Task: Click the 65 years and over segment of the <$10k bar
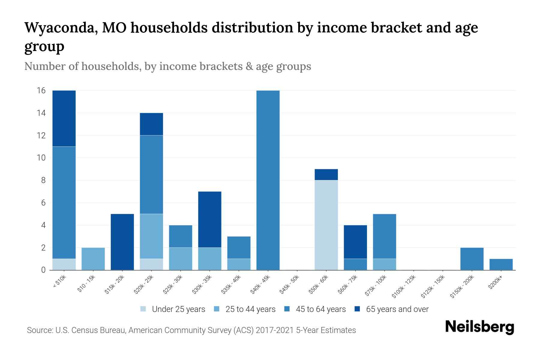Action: tap(64, 118)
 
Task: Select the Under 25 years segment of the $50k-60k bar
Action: tap(326, 225)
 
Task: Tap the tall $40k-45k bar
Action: tap(268, 180)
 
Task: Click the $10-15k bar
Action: tap(93, 259)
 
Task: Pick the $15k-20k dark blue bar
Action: tap(122, 242)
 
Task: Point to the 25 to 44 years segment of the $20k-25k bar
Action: tap(151, 236)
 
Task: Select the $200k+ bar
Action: tap(501, 264)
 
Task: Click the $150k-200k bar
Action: tap(472, 259)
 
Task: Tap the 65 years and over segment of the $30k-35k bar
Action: tap(210, 219)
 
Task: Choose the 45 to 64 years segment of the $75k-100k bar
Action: tap(384, 236)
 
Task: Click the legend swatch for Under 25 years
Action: tap(143, 309)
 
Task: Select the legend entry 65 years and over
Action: tap(397, 309)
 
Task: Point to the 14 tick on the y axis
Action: tap(41, 113)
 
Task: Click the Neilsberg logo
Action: tap(479, 327)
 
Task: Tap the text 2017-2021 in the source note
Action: tap(274, 330)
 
